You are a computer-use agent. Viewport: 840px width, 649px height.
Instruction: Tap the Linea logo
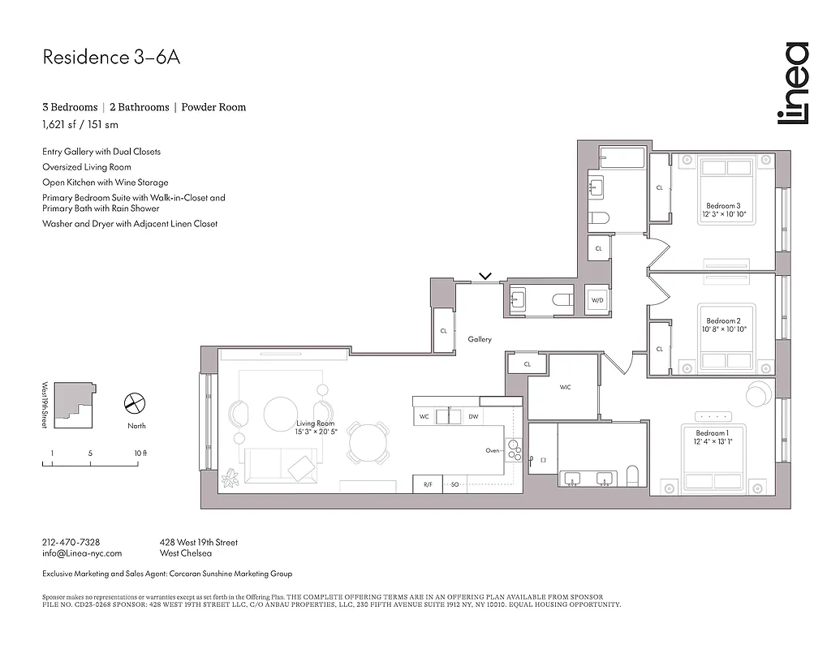[x=792, y=84]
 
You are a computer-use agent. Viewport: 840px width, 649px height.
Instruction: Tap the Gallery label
[x=480, y=339]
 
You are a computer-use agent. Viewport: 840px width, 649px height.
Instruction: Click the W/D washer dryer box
[x=597, y=300]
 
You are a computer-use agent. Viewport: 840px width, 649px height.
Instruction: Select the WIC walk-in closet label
[x=565, y=388]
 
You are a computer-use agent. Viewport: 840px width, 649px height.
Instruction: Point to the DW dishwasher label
[x=472, y=417]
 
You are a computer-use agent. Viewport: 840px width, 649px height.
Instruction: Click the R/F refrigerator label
[x=428, y=484]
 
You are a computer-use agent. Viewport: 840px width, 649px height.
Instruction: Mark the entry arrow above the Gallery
[x=485, y=276]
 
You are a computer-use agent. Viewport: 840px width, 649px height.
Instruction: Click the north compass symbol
[x=134, y=402]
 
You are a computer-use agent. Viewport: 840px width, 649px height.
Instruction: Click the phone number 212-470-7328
[x=71, y=542]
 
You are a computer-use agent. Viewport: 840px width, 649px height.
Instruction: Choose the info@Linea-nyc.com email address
[x=81, y=553]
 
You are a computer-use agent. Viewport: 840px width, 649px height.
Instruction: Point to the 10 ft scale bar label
[x=140, y=453]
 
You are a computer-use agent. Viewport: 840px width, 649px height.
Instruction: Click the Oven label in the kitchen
[x=493, y=450]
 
